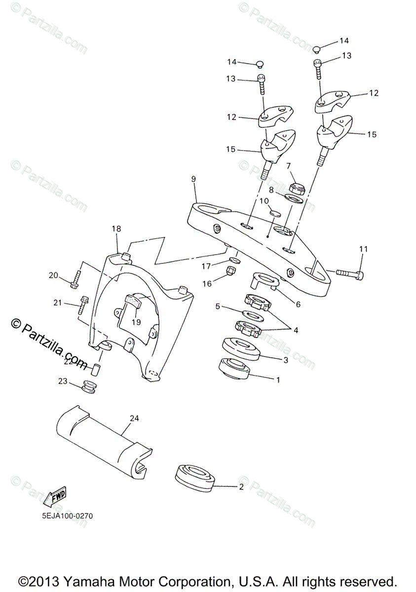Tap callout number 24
coord(134,418)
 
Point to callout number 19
coord(136,322)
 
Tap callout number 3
coord(286,360)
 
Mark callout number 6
coord(298,304)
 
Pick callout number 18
coord(116,229)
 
